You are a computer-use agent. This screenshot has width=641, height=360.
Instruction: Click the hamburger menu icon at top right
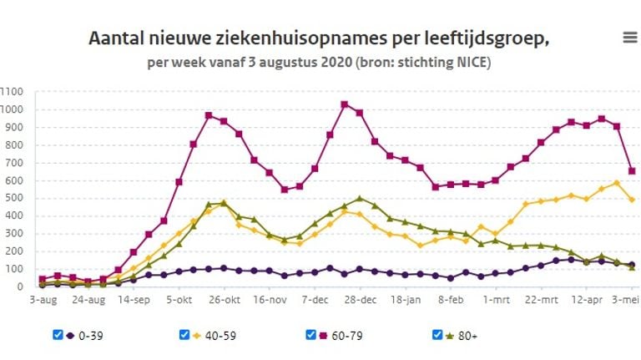pos(630,37)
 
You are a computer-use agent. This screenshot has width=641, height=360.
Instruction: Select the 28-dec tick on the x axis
pos(360,298)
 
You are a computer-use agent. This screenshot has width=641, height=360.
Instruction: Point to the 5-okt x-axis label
pos(179,298)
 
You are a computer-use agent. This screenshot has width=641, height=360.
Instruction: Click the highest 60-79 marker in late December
pos(344,104)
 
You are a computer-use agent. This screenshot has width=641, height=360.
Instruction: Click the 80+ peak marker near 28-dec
pos(359,199)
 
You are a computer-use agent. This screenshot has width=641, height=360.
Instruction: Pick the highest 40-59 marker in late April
pos(616,183)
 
